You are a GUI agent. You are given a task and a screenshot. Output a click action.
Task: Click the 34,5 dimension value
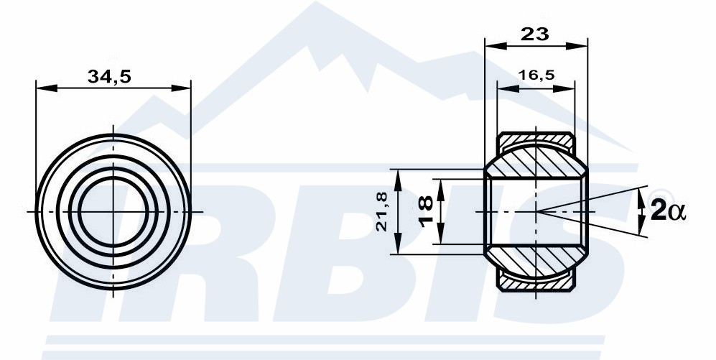click(x=109, y=76)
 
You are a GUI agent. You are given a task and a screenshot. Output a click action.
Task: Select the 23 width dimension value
click(x=534, y=34)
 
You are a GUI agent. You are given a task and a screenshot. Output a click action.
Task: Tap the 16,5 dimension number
click(x=536, y=75)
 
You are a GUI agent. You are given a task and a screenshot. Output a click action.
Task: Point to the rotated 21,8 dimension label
click(x=382, y=211)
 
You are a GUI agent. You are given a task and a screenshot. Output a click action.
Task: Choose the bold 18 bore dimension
click(x=426, y=211)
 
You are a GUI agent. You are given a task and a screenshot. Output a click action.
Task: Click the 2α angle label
click(x=668, y=211)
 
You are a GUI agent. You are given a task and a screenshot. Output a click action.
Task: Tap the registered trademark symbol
click(x=667, y=196)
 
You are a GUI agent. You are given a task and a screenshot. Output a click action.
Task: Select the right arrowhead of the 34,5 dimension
click(x=180, y=88)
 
